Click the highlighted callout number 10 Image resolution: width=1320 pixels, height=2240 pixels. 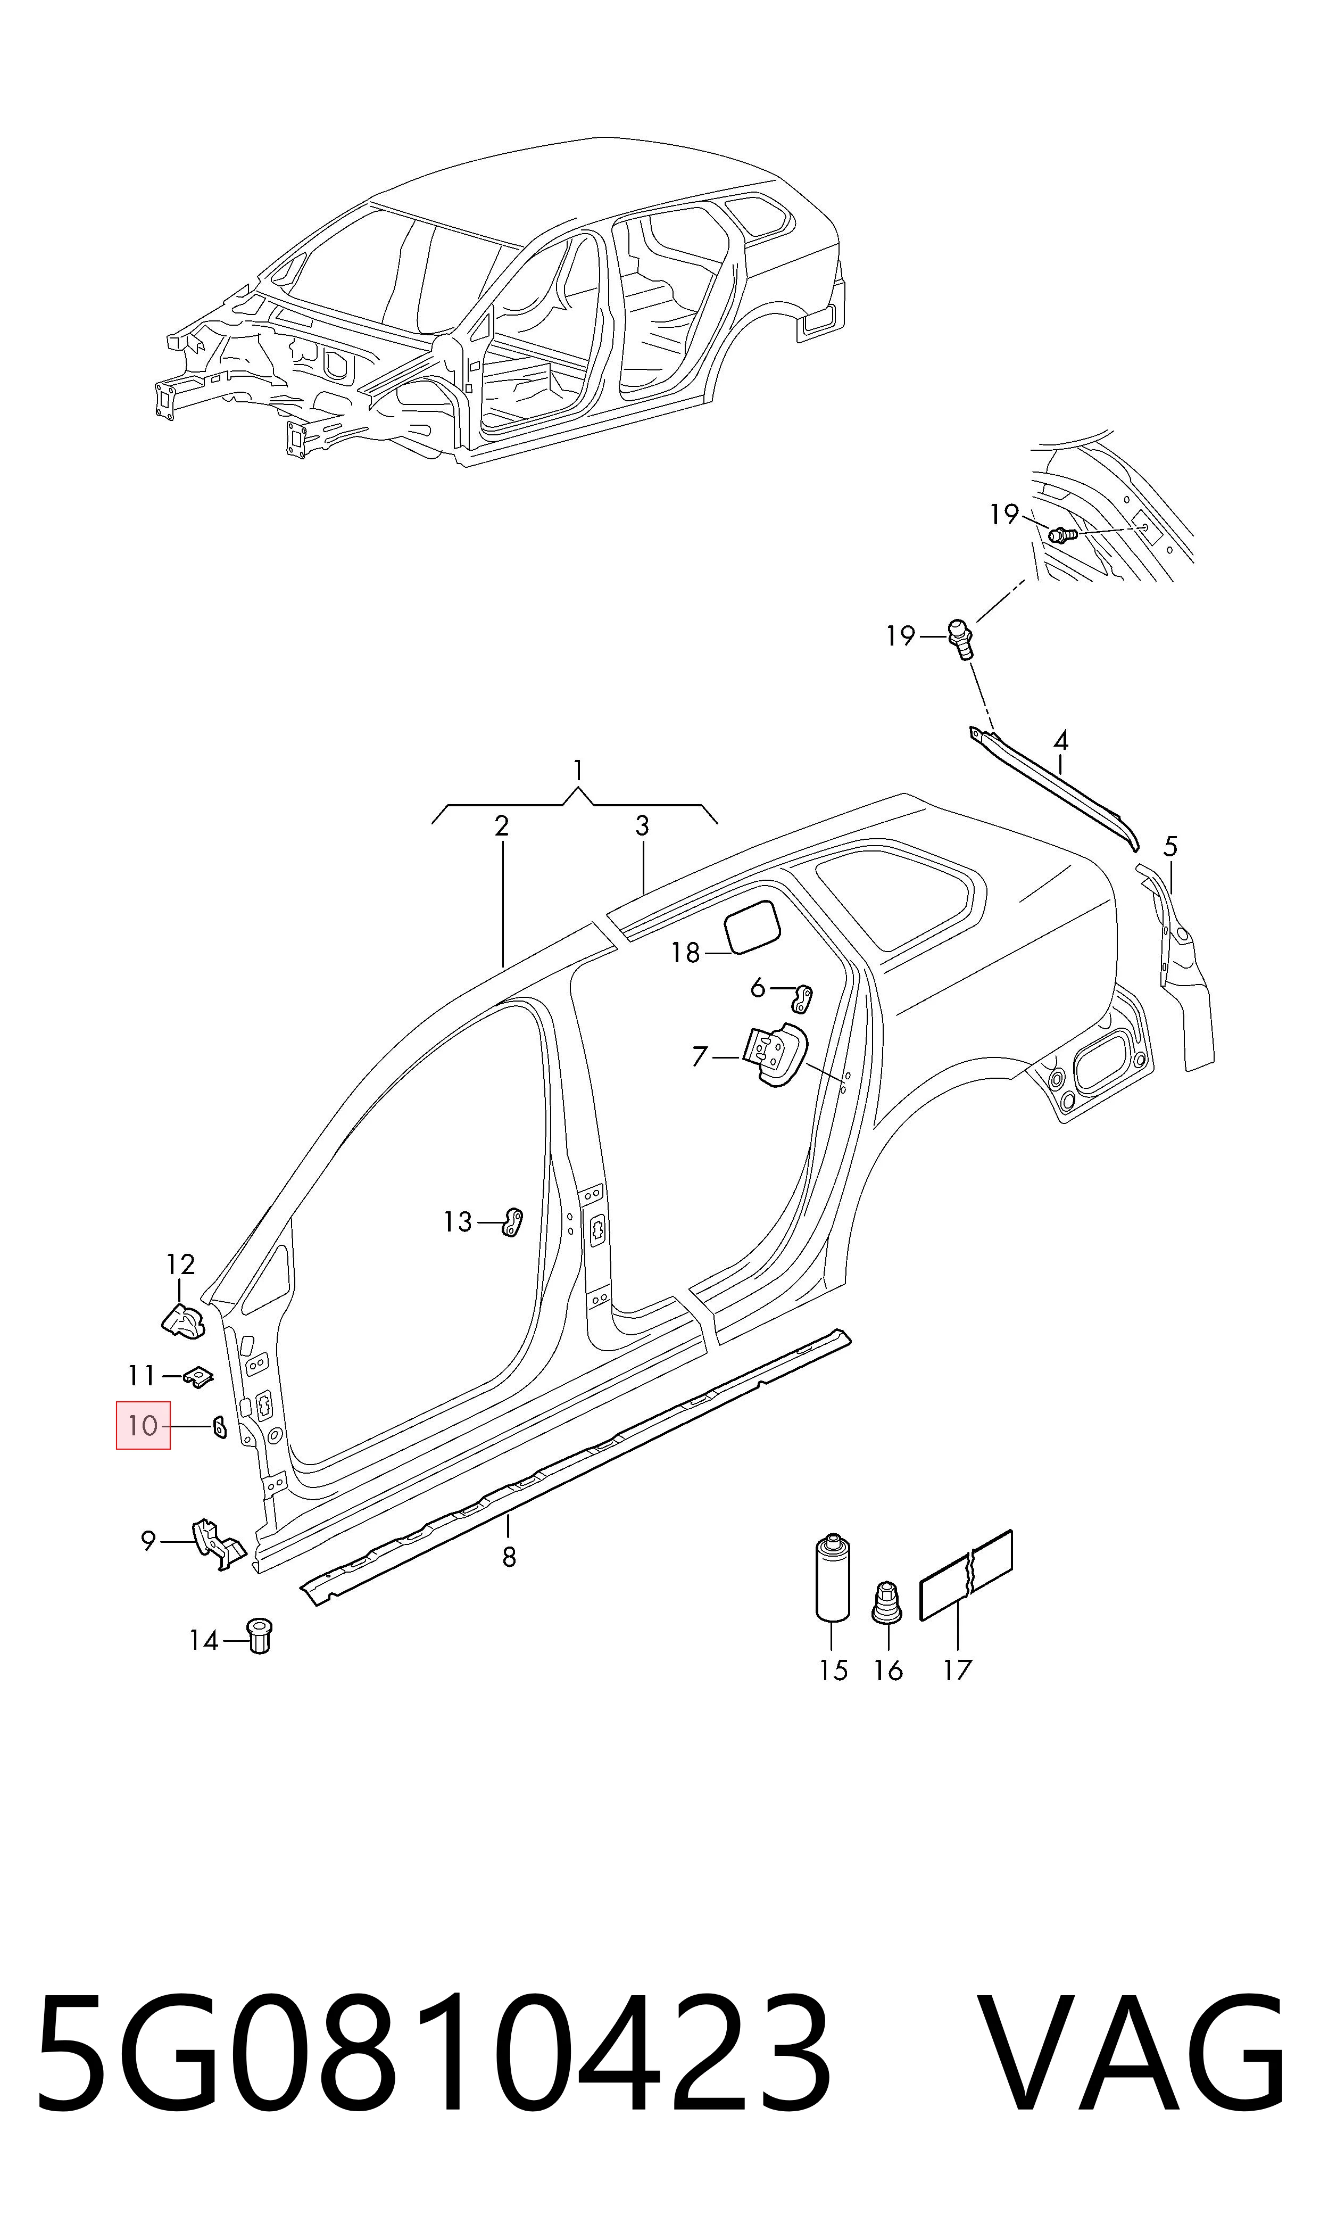point(142,1426)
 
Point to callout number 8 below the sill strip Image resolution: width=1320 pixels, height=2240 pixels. point(509,1557)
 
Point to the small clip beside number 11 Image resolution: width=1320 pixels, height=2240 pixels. point(198,1377)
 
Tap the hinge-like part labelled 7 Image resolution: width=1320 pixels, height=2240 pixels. point(774,1055)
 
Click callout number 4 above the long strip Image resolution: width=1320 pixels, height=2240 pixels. point(1060,740)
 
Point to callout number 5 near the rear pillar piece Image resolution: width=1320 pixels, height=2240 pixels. point(1170,846)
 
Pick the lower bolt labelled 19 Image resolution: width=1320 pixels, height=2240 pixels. point(961,639)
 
